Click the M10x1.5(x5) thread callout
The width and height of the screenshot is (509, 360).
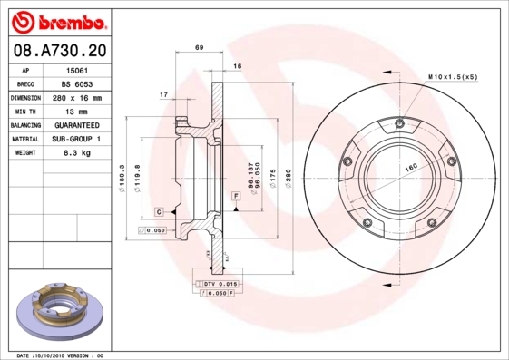click(x=452, y=77)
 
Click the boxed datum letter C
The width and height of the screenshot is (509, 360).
click(x=158, y=211)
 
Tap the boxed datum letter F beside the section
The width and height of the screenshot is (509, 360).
click(x=235, y=196)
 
